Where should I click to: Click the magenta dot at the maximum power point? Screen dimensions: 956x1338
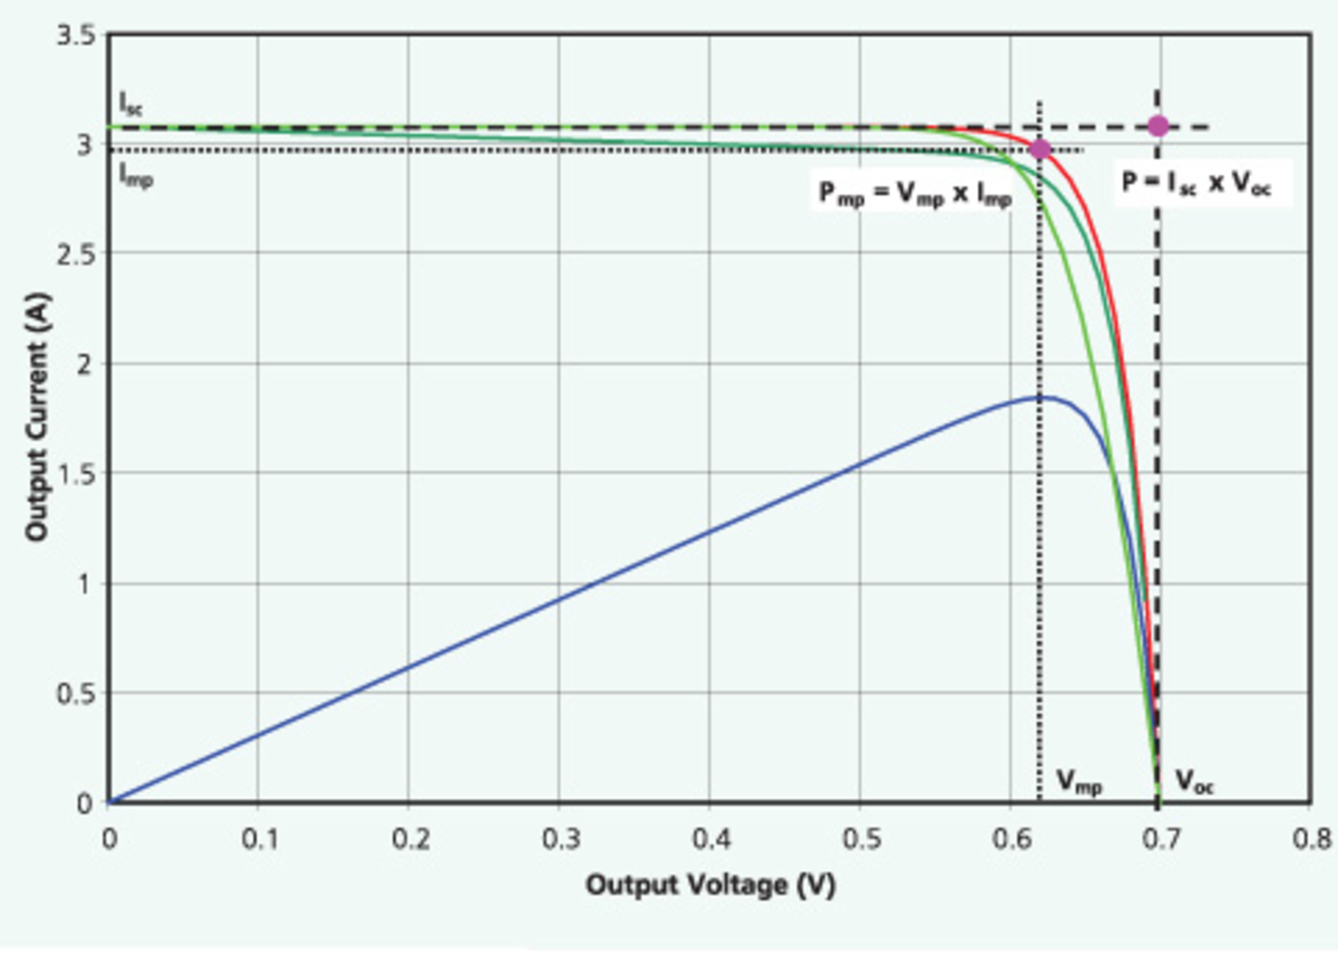pos(1039,148)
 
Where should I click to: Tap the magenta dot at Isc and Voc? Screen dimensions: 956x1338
pos(1158,126)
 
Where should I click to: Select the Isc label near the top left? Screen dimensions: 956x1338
pos(130,104)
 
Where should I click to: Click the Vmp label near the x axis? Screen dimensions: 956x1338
pos(1079,782)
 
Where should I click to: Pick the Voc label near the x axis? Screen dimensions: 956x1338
pos(1194,782)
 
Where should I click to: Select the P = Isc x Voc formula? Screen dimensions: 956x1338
pos(1196,183)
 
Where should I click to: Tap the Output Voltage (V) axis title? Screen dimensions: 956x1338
pos(709,885)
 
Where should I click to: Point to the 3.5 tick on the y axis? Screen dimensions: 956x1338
pos(76,35)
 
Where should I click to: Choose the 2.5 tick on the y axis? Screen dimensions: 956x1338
pos(76,254)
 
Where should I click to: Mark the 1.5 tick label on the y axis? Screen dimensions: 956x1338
pos(76,474)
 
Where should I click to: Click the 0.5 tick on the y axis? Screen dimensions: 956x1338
pos(76,694)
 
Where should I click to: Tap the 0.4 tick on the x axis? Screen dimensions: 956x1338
pos(711,839)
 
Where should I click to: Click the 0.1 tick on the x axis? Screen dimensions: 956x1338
pos(259,839)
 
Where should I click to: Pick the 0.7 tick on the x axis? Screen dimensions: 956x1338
pos(1161,839)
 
